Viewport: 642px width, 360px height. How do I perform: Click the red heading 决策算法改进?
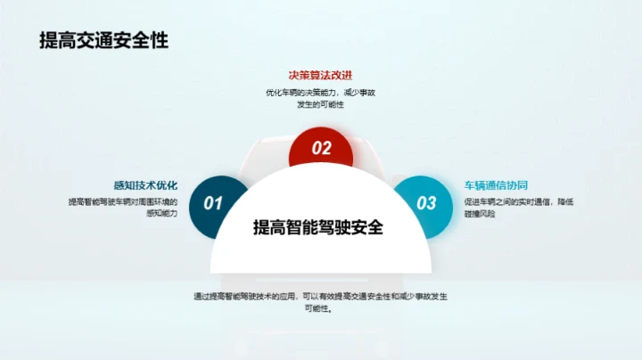tap(320, 76)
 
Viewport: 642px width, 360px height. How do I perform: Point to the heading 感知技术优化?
tap(145, 185)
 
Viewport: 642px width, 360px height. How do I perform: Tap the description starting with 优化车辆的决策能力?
tap(320, 98)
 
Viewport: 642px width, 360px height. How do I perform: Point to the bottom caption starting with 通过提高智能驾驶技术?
tap(320, 302)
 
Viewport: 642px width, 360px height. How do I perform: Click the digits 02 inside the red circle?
tap(321, 149)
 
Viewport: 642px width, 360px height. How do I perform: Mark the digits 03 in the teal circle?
tap(427, 203)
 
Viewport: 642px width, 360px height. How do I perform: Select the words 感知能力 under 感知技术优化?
tap(160, 214)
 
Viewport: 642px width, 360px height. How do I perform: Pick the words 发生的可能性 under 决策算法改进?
tap(320, 104)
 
